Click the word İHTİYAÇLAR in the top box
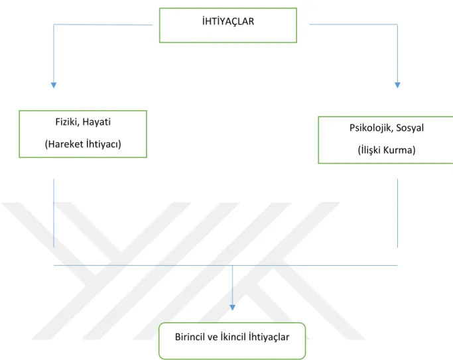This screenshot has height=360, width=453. [228, 21]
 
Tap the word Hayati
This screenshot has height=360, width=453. [96, 122]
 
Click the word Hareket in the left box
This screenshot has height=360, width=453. [64, 144]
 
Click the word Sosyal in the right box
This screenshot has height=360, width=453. [410, 128]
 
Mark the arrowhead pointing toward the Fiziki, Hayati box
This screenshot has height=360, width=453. [54, 85]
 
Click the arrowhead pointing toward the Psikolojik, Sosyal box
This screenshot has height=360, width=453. [397, 85]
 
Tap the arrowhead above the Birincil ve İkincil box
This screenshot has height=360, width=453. [232, 308]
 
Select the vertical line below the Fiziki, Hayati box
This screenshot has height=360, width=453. [54, 213]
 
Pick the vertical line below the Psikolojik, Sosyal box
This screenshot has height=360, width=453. [397, 213]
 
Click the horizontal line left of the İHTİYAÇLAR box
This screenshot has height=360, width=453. [103, 25]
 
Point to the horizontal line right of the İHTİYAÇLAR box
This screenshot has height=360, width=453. [354, 25]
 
